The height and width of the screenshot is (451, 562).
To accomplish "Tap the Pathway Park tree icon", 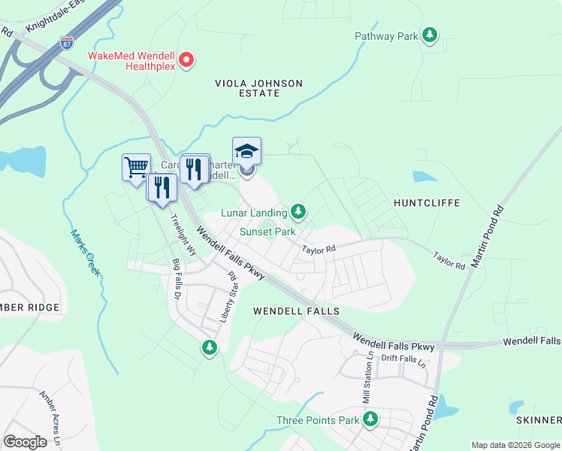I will (429, 35).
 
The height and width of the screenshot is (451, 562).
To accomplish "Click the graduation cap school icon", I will (246, 152).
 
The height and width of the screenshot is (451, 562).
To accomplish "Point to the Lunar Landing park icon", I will (299, 212).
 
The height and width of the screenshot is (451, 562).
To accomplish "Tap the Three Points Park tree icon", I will (370, 420).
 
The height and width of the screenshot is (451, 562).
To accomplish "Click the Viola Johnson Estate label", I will (258, 88).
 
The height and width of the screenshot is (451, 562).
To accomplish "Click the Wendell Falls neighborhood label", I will (296, 310).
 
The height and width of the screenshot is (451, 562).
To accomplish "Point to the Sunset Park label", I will (267, 232).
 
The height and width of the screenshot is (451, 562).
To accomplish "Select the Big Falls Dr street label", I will (177, 280).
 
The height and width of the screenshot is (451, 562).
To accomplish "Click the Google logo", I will (25, 442).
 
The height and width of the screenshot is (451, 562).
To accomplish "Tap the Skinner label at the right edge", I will (539, 419).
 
